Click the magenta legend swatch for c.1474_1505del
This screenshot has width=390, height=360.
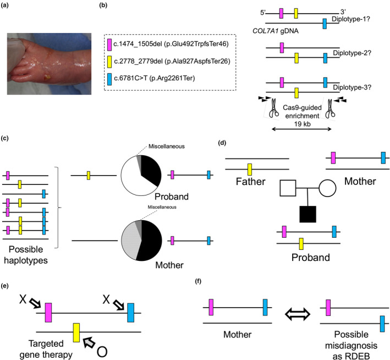pyautogui.click(x=109, y=45)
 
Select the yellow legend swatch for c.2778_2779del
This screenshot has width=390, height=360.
pyautogui.click(x=109, y=62)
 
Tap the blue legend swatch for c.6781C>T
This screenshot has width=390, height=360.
pyautogui.click(x=109, y=79)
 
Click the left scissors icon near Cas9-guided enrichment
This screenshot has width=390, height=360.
pyautogui.click(x=273, y=108)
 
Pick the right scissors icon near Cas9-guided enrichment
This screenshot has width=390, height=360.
pyautogui.click(x=330, y=108)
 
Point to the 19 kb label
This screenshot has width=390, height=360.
pyautogui.click(x=302, y=124)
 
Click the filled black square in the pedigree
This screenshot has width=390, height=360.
pyautogui.click(x=308, y=214)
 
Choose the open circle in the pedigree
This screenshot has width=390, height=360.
pyautogui.click(x=327, y=188)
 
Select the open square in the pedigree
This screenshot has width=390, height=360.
pyautogui.click(x=288, y=188)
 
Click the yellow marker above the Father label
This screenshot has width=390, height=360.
pyautogui.click(x=250, y=170)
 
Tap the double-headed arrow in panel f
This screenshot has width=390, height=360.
pyautogui.click(x=297, y=314)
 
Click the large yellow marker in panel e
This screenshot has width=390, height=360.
pyautogui.click(x=76, y=332)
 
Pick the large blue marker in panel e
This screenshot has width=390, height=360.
pyautogui.click(x=130, y=313)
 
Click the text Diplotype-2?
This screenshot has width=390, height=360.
pyautogui.click(x=351, y=53)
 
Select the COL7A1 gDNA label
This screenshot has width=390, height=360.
pyautogui.click(x=276, y=31)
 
